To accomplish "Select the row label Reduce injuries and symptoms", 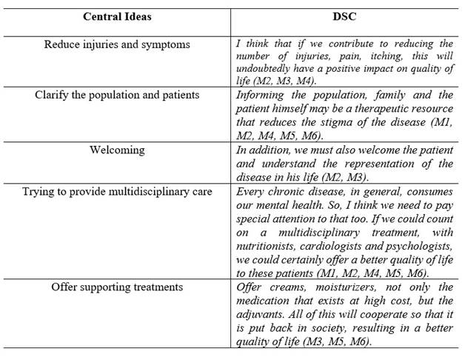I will pyautogui.click(x=117, y=44).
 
